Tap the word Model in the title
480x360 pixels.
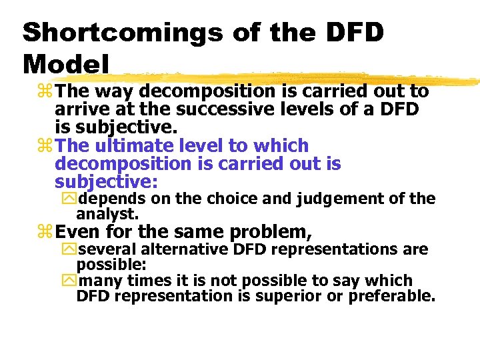[x=66, y=64]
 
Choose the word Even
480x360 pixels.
[x=75, y=232]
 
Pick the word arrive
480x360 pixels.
[x=79, y=109]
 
